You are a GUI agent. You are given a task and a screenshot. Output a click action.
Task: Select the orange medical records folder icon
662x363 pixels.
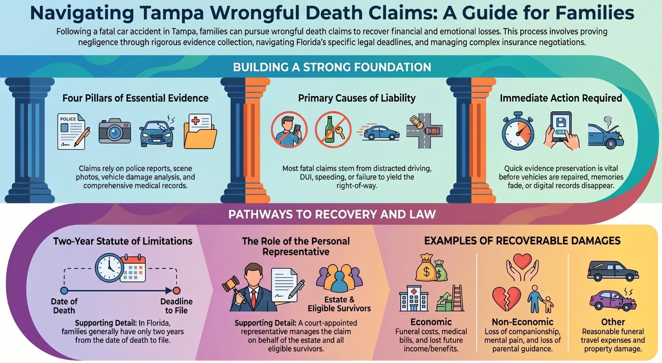[x=200, y=131]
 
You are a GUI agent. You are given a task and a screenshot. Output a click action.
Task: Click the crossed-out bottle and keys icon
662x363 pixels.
[x=333, y=130]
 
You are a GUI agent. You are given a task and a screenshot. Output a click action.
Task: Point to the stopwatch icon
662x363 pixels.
[x=518, y=131]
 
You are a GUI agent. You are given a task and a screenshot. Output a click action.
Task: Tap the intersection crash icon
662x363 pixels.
[x=425, y=130]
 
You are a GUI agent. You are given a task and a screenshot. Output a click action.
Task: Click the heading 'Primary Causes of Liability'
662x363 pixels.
[x=357, y=98]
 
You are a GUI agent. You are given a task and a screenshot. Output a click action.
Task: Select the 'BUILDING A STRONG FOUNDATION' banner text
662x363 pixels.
[x=332, y=67]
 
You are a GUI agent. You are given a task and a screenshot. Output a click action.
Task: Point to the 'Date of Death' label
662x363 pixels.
[x=64, y=306]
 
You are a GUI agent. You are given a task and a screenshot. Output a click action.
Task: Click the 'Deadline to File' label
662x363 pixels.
[x=177, y=306]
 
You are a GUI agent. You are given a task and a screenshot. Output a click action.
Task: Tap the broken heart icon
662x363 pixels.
[x=506, y=299]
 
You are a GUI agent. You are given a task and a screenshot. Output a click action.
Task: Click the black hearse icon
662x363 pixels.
[x=612, y=271]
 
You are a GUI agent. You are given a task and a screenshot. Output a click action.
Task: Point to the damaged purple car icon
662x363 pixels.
[x=613, y=300]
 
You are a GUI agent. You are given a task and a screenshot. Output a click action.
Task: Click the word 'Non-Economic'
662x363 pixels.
[x=523, y=322]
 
